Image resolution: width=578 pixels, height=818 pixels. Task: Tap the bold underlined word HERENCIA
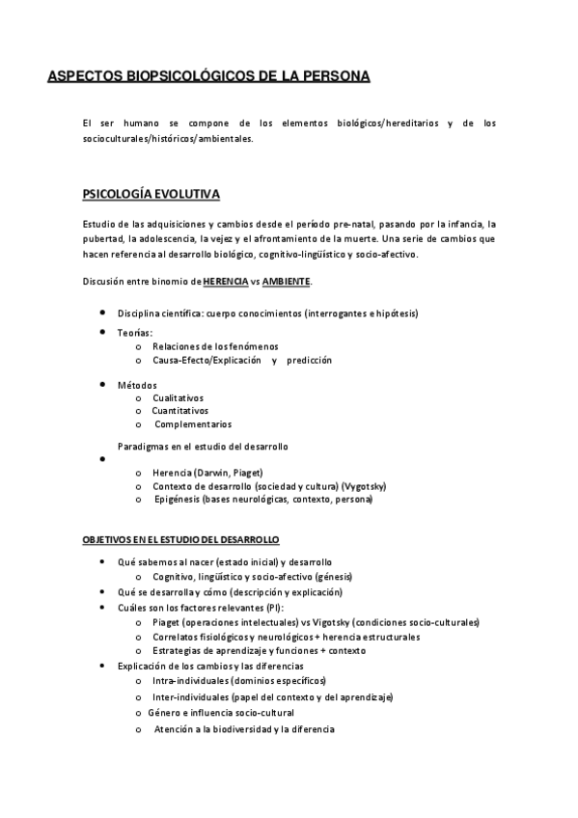tap(226, 281)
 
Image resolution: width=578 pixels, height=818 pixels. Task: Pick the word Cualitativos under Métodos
tap(178, 397)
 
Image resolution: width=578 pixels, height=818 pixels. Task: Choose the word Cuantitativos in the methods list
tap(181, 410)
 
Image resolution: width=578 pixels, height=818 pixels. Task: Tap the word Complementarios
tap(193, 423)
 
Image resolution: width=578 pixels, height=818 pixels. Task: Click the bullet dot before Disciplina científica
tap(102, 314)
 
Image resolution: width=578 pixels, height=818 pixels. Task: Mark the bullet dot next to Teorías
tap(102, 332)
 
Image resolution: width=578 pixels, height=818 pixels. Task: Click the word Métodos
tap(137, 385)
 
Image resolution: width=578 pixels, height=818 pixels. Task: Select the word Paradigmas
tap(144, 447)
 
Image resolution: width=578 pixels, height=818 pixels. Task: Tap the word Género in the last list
tap(166, 711)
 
